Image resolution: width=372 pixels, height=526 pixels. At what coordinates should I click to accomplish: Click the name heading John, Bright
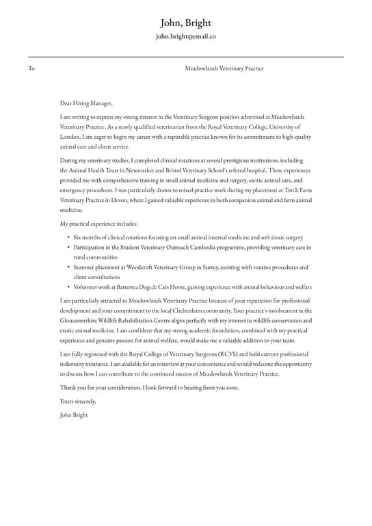(185, 23)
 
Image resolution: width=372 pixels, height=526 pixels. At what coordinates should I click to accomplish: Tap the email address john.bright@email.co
(185, 37)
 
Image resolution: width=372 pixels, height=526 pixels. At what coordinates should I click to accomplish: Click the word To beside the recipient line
(31, 68)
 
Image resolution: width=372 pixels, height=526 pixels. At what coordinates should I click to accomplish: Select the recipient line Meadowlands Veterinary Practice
(224, 68)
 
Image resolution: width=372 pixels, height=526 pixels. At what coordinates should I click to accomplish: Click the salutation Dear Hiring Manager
(86, 103)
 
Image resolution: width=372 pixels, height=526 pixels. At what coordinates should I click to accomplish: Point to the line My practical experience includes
(98, 224)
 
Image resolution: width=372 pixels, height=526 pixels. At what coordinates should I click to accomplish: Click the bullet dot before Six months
(68, 237)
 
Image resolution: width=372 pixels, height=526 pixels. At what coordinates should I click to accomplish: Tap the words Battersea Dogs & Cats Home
(152, 287)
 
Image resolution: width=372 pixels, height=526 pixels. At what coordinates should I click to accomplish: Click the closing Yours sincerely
(78, 401)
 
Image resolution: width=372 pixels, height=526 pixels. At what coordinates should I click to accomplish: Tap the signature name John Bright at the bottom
(74, 415)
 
